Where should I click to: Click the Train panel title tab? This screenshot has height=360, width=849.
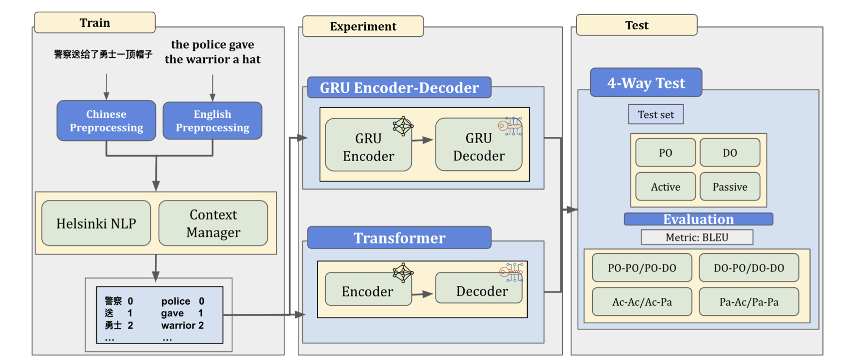point(95,23)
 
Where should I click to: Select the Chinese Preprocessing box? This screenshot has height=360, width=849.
point(106,121)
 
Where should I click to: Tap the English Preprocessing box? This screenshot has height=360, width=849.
point(212,121)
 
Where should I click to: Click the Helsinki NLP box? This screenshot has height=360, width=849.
point(96,223)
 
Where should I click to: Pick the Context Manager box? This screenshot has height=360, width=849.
point(213,223)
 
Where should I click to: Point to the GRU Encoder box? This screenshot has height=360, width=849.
point(368,147)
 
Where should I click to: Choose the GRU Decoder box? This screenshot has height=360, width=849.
point(478,147)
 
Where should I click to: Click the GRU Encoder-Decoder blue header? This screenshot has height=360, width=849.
point(399,88)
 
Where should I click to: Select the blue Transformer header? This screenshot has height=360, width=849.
point(399,238)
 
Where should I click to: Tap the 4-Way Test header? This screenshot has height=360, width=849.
point(646,83)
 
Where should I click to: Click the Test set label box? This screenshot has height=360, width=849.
point(655,115)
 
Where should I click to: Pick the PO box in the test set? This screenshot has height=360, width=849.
point(665,153)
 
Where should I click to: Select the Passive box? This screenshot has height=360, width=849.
point(730,187)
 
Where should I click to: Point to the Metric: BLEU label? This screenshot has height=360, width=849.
point(697,237)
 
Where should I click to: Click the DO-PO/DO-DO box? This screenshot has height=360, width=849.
point(749,268)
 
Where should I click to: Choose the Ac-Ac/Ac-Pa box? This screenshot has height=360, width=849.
point(642,302)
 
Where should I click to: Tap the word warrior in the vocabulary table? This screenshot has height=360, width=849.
point(178,325)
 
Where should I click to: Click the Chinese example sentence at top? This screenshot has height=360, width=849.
point(103,54)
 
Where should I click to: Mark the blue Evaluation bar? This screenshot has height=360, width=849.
point(698,219)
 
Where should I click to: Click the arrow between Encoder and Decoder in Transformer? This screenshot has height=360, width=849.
point(423,294)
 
